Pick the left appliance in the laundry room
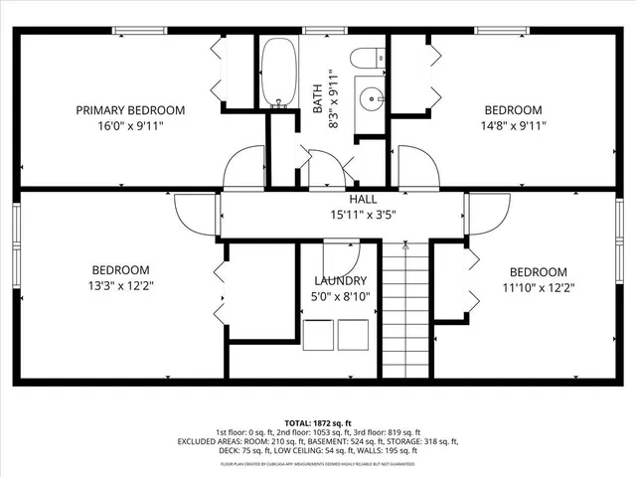pyautogui.click(x=319, y=335)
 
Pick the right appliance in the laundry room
pyautogui.click(x=353, y=335)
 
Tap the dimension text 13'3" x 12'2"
pyautogui.click(x=120, y=286)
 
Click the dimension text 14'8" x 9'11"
pyautogui.click(x=513, y=126)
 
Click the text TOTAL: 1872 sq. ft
pyautogui.click(x=318, y=423)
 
